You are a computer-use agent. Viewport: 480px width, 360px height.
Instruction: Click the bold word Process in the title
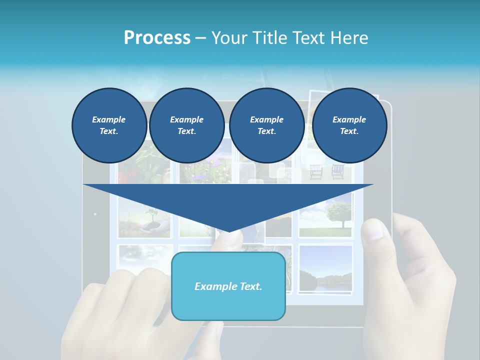tap(157, 38)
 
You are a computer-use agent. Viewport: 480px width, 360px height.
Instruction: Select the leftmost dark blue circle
tap(109, 125)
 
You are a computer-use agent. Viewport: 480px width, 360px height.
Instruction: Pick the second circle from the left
tap(186, 125)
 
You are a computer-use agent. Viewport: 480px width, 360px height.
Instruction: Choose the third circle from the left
tap(266, 125)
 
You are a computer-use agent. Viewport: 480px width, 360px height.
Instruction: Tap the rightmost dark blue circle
tap(349, 125)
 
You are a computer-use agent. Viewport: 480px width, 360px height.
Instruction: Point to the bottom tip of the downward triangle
tap(228, 231)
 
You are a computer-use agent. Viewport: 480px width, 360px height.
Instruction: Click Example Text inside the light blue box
tap(228, 286)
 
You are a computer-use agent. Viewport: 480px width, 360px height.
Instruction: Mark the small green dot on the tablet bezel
tap(95, 214)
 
